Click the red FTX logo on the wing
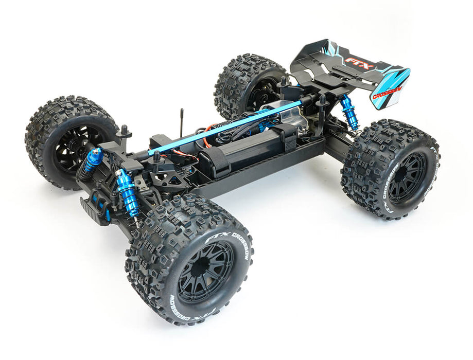pyautogui.click(x=354, y=61)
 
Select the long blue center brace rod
pyautogui.click(x=226, y=128)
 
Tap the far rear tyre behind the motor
pyautogui.click(x=247, y=82)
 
